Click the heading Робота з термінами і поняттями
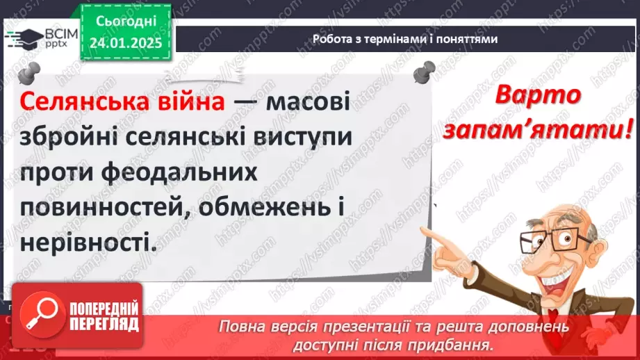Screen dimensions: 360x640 pos(405,40)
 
